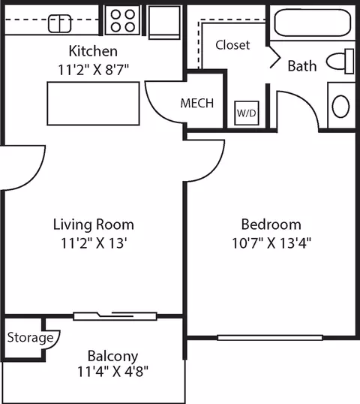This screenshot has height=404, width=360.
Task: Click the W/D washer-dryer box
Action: tap(247, 113)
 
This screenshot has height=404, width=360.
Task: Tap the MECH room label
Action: tap(197, 104)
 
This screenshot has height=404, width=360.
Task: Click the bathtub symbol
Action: tap(313, 23)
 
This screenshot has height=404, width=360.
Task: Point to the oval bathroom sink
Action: tap(340, 107)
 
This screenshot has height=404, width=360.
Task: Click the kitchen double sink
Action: tap(60, 24)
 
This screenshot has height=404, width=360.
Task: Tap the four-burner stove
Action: tap(122, 20)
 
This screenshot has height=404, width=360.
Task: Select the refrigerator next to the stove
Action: tap(164, 23)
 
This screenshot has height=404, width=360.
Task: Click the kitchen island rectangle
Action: tap(94, 104)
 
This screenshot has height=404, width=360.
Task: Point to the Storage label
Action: tap(30, 337)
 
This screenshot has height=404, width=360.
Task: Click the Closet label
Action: tap(232, 45)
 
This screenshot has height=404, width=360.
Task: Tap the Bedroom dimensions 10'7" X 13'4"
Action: tap(271, 243)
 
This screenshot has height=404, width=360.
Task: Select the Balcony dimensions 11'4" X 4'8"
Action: tap(113, 372)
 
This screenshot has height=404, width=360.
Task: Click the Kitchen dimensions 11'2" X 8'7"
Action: tap(93, 70)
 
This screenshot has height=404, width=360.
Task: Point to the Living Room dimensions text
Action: tap(94, 243)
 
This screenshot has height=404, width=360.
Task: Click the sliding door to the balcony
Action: tap(115, 316)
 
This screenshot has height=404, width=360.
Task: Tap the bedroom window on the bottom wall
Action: tap(270, 338)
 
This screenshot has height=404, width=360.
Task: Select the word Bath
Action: tap(302, 66)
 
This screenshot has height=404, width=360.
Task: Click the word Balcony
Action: tap(113, 357)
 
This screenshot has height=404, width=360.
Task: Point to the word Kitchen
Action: tap(93, 51)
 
